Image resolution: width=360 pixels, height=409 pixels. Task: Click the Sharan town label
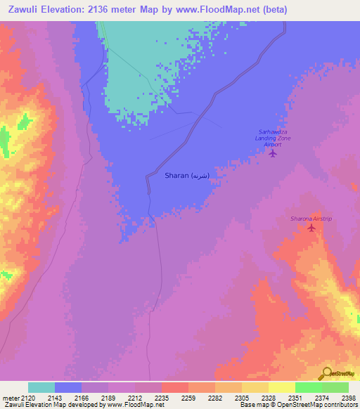click(x=186, y=176)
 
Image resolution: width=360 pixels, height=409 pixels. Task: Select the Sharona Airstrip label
click(x=311, y=219)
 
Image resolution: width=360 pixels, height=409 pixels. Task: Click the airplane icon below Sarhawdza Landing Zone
click(x=273, y=153)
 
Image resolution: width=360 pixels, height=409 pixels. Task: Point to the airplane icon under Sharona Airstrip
click(x=311, y=228)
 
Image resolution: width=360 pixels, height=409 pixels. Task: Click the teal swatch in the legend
click(x=41, y=387)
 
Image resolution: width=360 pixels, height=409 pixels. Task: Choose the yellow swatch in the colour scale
click(x=282, y=387)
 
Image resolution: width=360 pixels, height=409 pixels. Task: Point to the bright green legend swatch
click(x=309, y=387)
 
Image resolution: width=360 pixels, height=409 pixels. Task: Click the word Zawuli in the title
click(x=22, y=9)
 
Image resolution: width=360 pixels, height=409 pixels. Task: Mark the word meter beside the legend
click(x=10, y=398)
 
